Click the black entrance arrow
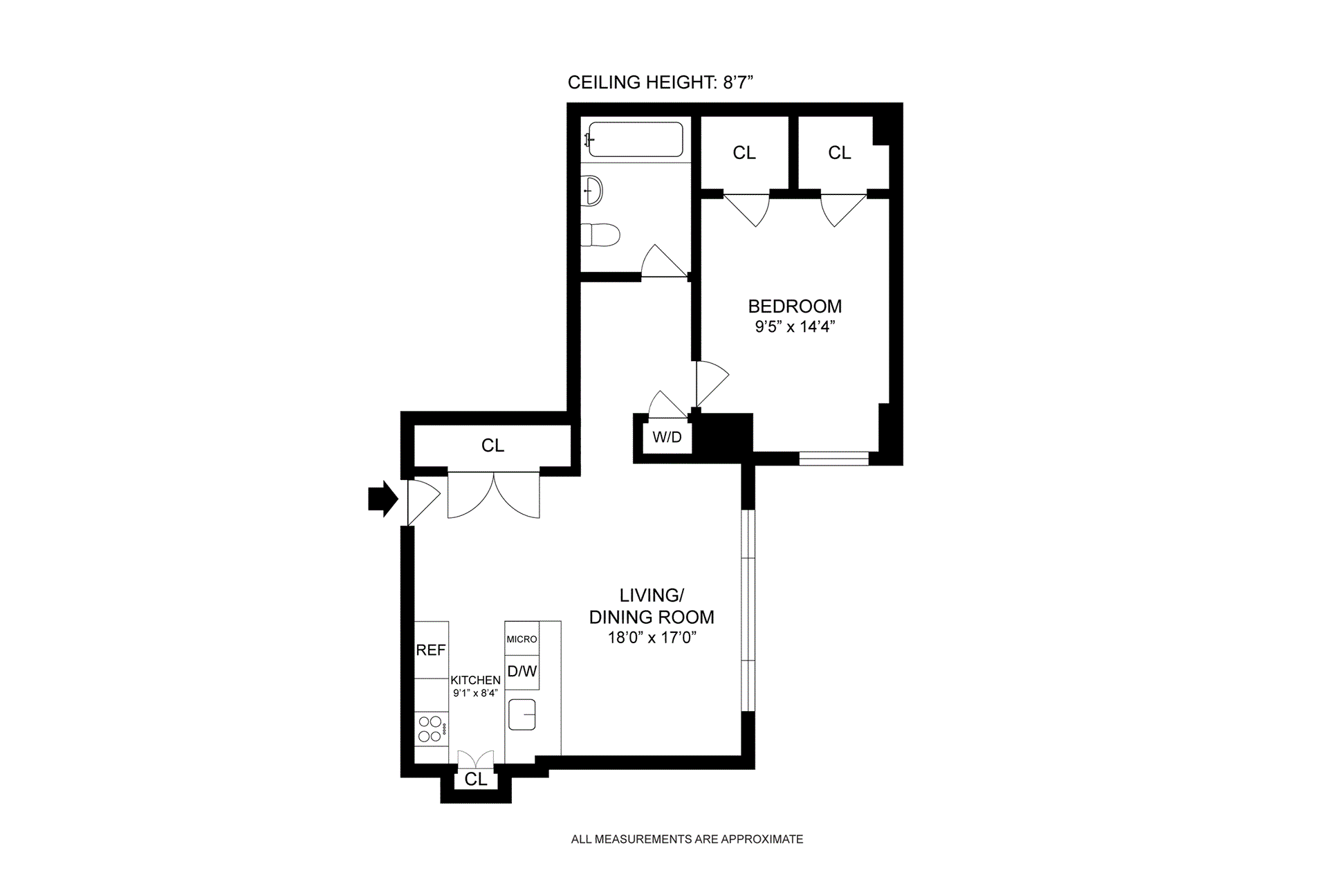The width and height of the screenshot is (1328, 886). pyautogui.click(x=382, y=499)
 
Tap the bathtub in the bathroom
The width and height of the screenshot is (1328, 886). pyautogui.click(x=635, y=140)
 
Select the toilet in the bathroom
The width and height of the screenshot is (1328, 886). pyautogui.click(x=600, y=235)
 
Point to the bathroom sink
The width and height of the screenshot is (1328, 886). pyautogui.click(x=593, y=190)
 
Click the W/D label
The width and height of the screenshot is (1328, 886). pyautogui.click(x=667, y=436)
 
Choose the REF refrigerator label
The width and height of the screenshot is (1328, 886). pyautogui.click(x=431, y=650)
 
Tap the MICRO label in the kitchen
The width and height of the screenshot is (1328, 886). pyautogui.click(x=522, y=639)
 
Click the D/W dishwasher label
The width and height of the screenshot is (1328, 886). pyautogui.click(x=522, y=671)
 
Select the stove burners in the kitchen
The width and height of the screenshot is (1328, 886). pyautogui.click(x=430, y=729)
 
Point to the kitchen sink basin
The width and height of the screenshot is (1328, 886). pyautogui.click(x=522, y=714)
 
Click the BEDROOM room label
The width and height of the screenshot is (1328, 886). pyautogui.click(x=795, y=306)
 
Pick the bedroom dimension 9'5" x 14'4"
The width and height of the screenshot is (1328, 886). pyautogui.click(x=795, y=326)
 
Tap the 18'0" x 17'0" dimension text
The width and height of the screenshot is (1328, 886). pyautogui.click(x=652, y=638)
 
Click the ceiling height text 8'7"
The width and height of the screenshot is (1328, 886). pyautogui.click(x=738, y=82)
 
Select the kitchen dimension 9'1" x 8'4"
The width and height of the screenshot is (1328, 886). pyautogui.click(x=475, y=693)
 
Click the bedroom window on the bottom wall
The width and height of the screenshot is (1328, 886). pyautogui.click(x=834, y=458)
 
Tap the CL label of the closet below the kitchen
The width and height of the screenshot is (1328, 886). pyautogui.click(x=476, y=779)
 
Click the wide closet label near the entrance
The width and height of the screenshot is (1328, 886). pyautogui.click(x=493, y=446)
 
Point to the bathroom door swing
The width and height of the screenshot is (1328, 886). pyautogui.click(x=663, y=261)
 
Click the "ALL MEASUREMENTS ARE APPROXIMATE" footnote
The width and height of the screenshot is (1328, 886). pyautogui.click(x=687, y=839)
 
